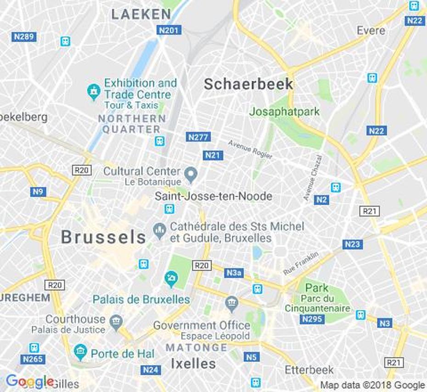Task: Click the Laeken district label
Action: pyautogui.click(x=141, y=14)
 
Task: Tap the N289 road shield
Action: pyautogui.click(x=24, y=36)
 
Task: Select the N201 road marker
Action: pyautogui.click(x=169, y=30)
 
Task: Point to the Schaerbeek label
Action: pyautogui.click(x=248, y=84)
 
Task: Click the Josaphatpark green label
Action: pyautogui.click(x=284, y=112)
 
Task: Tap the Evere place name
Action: pyautogui.click(x=371, y=31)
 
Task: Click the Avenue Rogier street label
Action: pyautogui.click(x=250, y=149)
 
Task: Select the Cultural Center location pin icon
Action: pyautogui.click(x=191, y=174)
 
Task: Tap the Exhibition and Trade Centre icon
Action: pyautogui.click(x=94, y=91)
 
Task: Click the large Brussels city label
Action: pyautogui.click(x=103, y=238)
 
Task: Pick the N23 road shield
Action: pyautogui.click(x=352, y=244)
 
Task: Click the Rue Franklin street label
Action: pyautogui.click(x=301, y=263)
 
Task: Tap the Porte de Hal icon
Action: pyautogui.click(x=80, y=352)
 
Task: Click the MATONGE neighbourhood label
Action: pyautogui.click(x=196, y=347)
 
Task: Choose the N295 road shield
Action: pyautogui.click(x=312, y=319)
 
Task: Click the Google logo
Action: pyautogui.click(x=28, y=381)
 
